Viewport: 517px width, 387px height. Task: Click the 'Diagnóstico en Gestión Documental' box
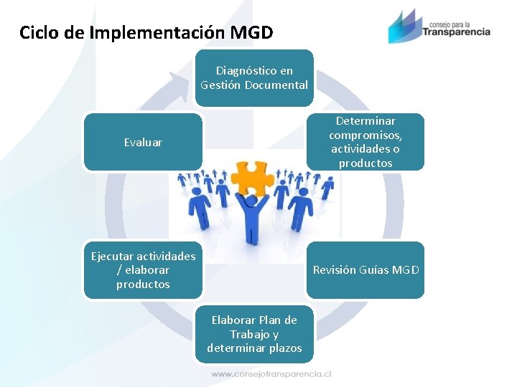(254, 77)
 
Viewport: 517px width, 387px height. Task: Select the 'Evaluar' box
(143, 142)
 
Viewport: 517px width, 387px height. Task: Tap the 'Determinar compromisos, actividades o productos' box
(365, 142)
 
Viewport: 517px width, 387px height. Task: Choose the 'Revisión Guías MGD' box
(365, 269)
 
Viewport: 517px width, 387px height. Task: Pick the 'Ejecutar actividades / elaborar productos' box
(143, 269)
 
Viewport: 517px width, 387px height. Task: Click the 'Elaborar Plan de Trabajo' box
(254, 334)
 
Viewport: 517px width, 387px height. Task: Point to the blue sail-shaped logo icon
(403, 27)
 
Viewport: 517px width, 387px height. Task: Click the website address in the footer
(271, 373)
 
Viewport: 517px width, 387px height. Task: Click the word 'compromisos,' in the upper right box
(365, 135)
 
